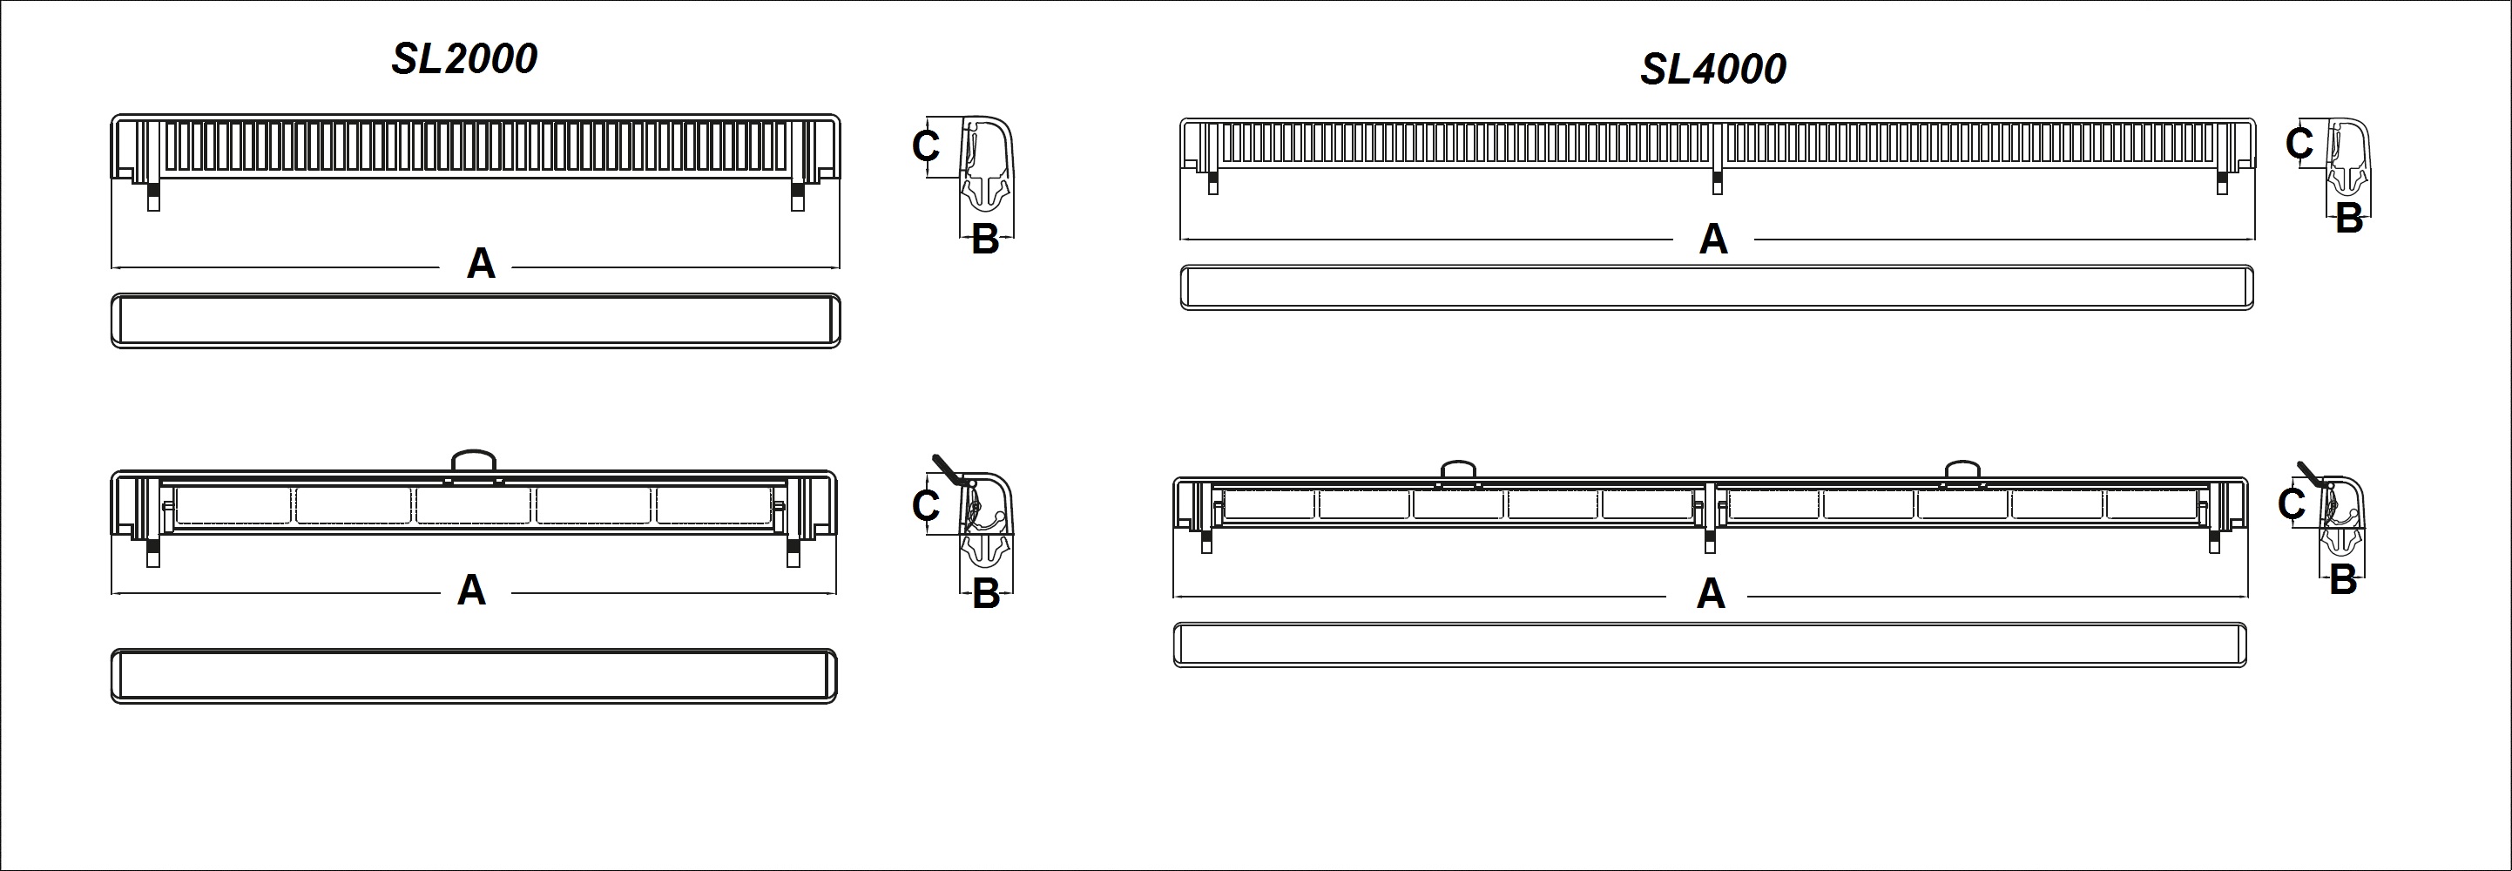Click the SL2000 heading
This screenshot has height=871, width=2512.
point(464,59)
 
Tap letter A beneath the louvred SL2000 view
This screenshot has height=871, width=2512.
point(481,263)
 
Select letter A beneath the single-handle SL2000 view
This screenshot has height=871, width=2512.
point(472,590)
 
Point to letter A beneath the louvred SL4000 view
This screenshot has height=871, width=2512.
point(1713,239)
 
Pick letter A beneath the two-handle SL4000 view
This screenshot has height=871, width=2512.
point(1711,594)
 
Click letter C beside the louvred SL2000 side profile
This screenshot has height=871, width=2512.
point(925,146)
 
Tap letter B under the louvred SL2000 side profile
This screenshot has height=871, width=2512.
point(986,240)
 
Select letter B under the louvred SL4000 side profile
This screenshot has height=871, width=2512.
point(2349,219)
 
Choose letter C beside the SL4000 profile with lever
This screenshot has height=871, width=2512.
point(2292,504)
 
